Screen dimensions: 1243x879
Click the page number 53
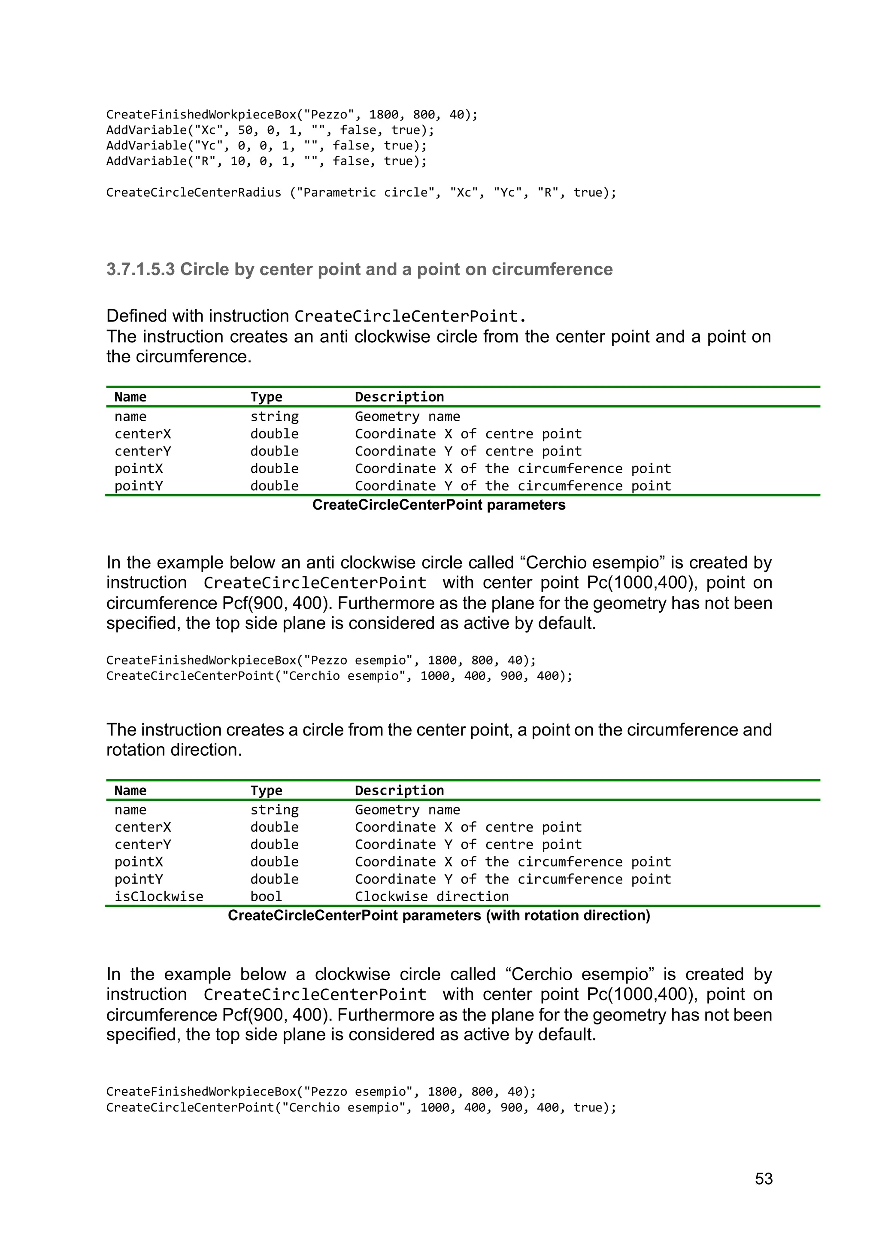click(x=763, y=1179)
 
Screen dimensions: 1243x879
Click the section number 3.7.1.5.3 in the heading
click(x=140, y=269)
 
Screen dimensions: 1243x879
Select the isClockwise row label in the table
click(x=158, y=897)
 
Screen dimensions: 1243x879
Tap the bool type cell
click(x=266, y=897)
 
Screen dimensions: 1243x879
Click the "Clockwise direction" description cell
click(x=431, y=897)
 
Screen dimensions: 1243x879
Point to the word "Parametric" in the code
click(x=339, y=193)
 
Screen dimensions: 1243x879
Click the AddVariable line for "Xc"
click(x=270, y=130)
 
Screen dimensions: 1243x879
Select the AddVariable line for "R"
click(x=266, y=161)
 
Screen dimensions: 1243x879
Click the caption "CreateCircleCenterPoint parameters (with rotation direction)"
click(x=438, y=915)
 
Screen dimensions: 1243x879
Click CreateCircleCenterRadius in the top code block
click(x=193, y=193)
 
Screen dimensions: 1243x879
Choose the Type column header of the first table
click(x=266, y=397)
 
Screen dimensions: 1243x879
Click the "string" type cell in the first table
click(x=274, y=416)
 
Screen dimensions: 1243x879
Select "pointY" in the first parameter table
click(x=138, y=486)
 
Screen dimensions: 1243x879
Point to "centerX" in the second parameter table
click(x=142, y=827)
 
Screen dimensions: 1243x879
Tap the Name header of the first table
click(x=130, y=397)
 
